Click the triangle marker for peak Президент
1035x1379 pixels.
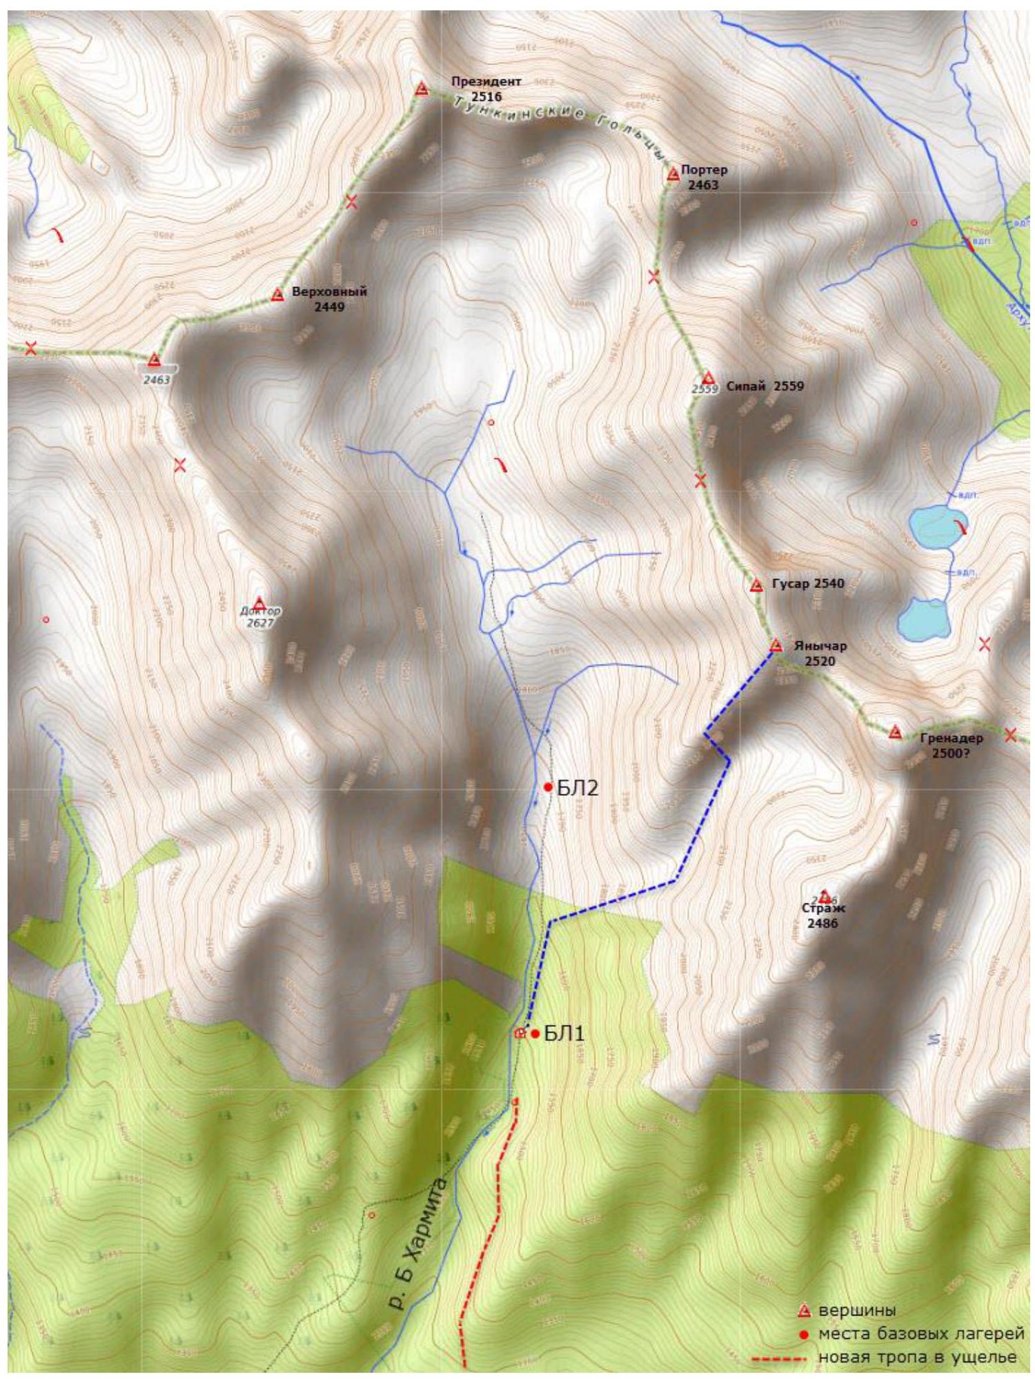pyautogui.click(x=422, y=89)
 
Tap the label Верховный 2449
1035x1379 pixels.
pyautogui.click(x=328, y=299)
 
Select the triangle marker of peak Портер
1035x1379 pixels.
pyautogui.click(x=673, y=175)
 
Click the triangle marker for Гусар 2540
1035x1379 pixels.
pyautogui.click(x=756, y=585)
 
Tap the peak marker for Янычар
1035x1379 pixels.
pyautogui.click(x=776, y=646)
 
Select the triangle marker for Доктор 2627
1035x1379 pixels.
pyautogui.click(x=259, y=603)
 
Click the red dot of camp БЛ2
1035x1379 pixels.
pyautogui.click(x=548, y=787)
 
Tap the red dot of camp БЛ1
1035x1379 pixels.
pyautogui.click(x=535, y=1033)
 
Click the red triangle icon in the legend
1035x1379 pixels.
pyautogui.click(x=803, y=1310)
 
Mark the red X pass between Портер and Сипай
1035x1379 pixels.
pyautogui.click(x=653, y=277)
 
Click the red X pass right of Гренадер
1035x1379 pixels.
pyautogui.click(x=1011, y=734)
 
